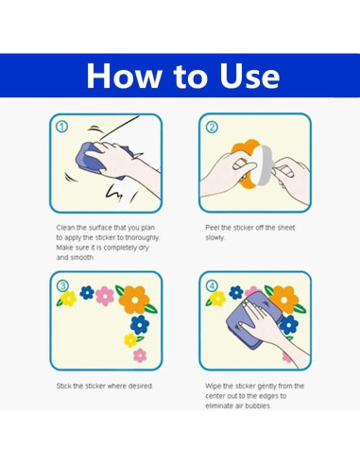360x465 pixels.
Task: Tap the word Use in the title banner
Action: pos(249,76)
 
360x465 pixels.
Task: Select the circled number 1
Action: pos(61,127)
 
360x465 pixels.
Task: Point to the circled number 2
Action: pos(212,127)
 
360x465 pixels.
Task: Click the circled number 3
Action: pos(62,286)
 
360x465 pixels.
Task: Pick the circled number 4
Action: pos(212,286)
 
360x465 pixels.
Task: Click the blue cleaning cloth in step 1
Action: pos(94,160)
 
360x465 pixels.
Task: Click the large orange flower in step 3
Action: pos(134,300)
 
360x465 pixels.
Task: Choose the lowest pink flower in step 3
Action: pos(140,355)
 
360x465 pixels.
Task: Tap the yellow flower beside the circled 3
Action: pos(68,299)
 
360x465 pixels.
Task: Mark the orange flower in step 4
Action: pos(285,300)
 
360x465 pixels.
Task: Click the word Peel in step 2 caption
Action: pos(213,228)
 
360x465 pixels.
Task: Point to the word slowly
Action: pos(214,237)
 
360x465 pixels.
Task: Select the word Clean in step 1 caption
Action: pos(66,228)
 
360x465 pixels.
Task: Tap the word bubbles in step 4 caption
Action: pos(258,405)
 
